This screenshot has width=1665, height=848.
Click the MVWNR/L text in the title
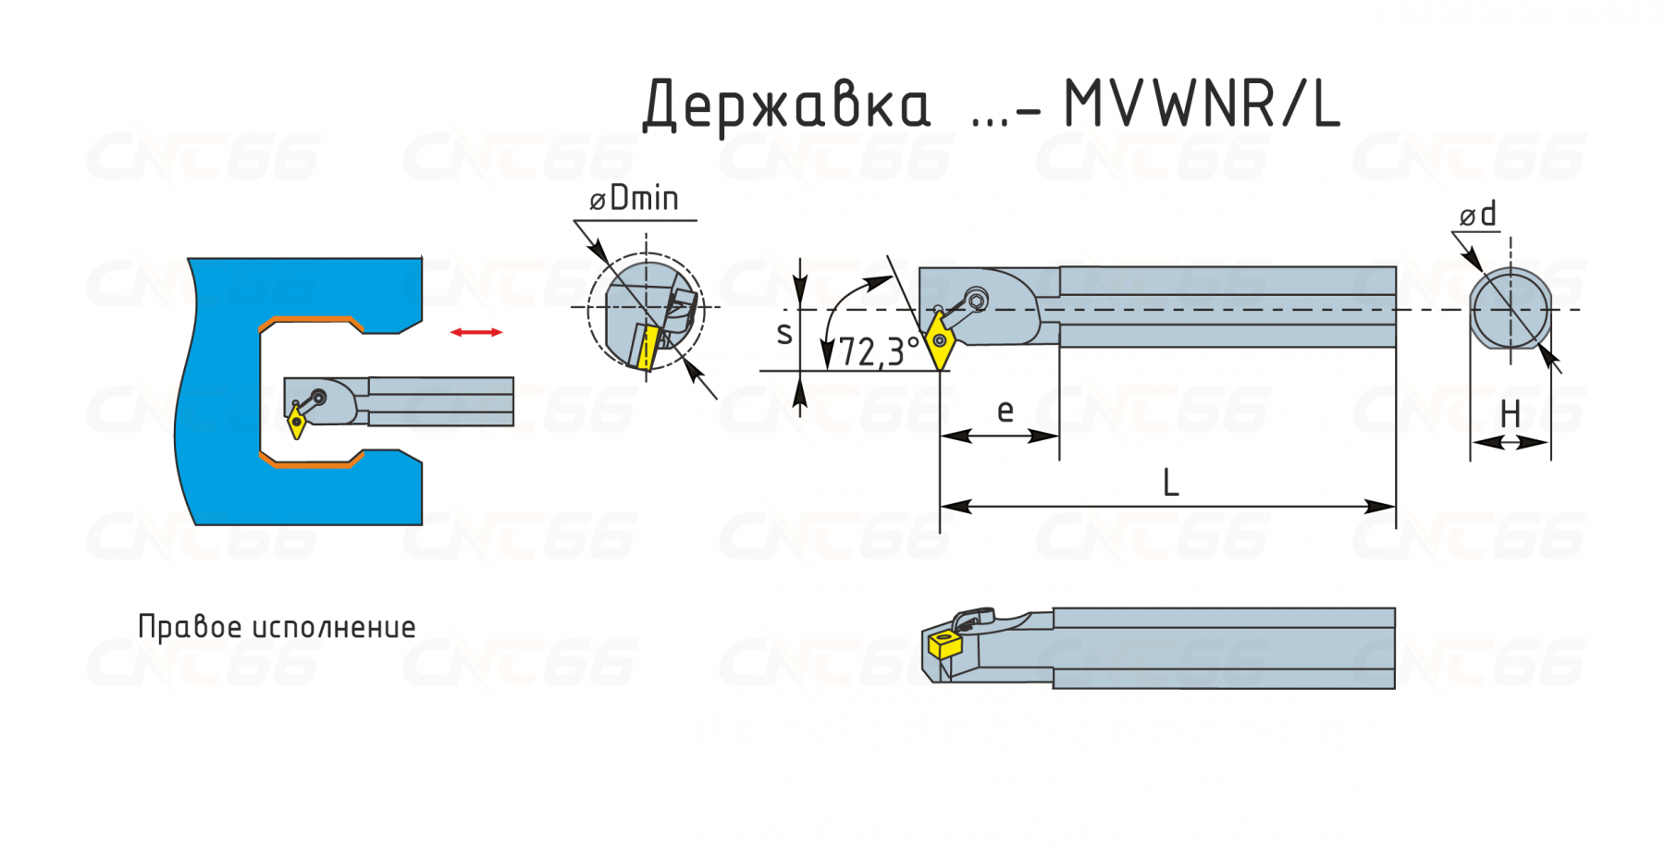1201,104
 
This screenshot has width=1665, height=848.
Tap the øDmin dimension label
635,199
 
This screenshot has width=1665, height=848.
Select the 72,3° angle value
878,352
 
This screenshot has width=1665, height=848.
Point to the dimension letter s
784,333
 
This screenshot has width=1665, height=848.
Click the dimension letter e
1005,411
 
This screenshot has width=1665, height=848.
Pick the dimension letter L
1170,484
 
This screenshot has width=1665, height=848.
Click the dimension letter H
1510,414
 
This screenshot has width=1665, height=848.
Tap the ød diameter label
1478,215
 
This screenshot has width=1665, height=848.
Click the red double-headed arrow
476,332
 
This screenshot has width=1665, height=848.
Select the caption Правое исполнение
277,627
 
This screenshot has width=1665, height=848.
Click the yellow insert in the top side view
941,340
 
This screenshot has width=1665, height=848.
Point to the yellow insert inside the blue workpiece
297,423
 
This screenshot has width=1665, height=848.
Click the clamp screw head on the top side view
976,300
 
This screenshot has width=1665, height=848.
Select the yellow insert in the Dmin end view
647,347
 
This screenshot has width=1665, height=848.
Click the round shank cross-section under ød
1511,310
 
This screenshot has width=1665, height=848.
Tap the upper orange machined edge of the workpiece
310,320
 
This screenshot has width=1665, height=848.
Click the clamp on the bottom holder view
973,617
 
